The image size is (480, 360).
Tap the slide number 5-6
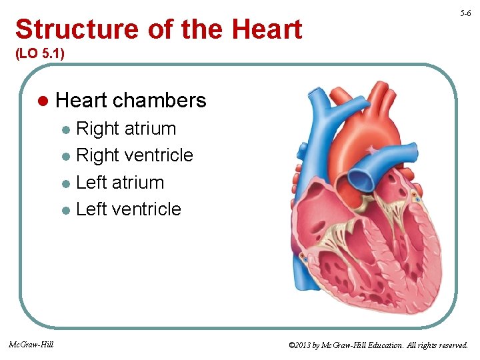465,13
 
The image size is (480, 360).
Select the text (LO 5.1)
40,53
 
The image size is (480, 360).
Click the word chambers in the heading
159,101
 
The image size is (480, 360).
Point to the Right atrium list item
126,129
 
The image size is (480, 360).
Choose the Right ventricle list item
135,155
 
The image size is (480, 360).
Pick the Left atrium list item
120,182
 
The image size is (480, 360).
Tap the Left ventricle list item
129,209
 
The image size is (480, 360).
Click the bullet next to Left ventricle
65,210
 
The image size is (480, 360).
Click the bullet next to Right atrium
65,130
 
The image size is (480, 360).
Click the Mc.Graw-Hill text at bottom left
31,344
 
